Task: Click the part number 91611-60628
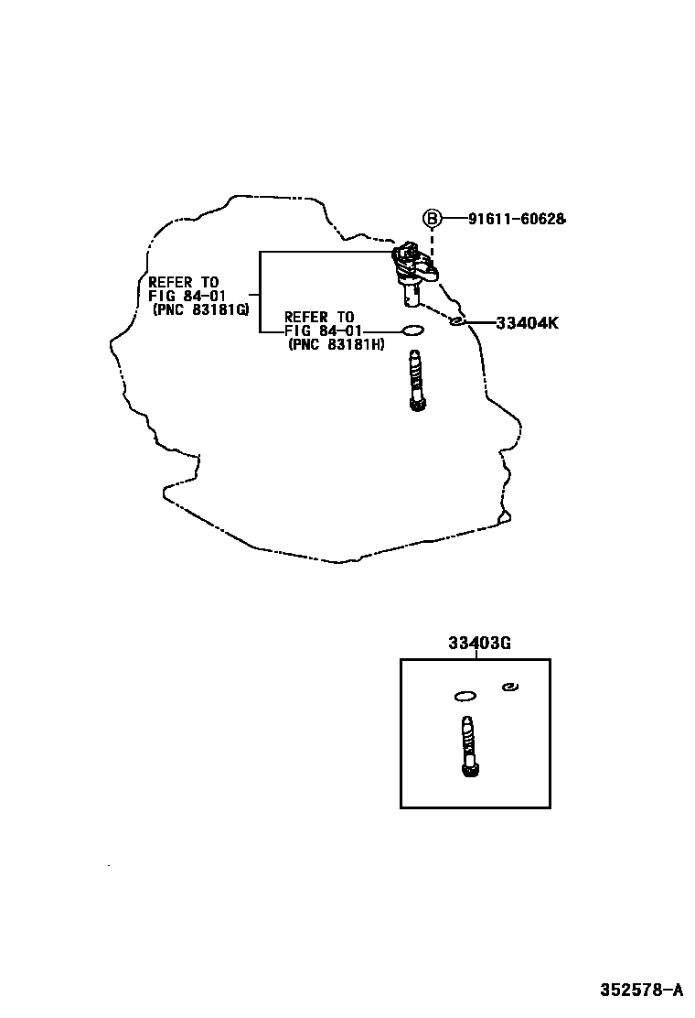517,219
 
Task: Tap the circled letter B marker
432,219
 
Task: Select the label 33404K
528,322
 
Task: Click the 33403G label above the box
478,644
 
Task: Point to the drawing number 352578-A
641,990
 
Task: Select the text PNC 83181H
336,344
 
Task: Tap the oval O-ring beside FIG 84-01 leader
412,330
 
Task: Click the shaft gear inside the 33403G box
469,746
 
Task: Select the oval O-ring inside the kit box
465,697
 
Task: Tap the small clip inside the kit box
511,687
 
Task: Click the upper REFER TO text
184,283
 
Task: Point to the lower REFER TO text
319,318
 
